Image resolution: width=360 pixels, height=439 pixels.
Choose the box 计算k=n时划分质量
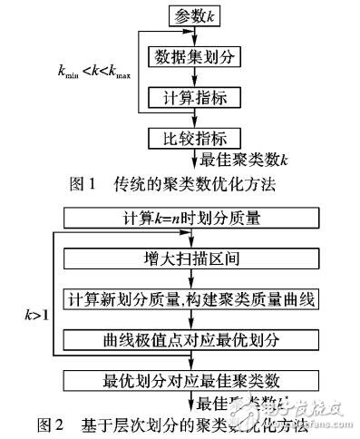coord(190,219)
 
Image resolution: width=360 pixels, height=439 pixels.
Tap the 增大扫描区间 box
coord(190,259)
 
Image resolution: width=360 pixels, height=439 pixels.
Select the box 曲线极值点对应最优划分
coord(190,339)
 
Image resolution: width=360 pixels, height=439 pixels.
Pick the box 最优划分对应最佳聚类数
coord(190,378)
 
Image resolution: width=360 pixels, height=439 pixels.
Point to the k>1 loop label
coord(38,317)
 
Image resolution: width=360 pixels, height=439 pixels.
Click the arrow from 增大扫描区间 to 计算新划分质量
coord(190,279)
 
